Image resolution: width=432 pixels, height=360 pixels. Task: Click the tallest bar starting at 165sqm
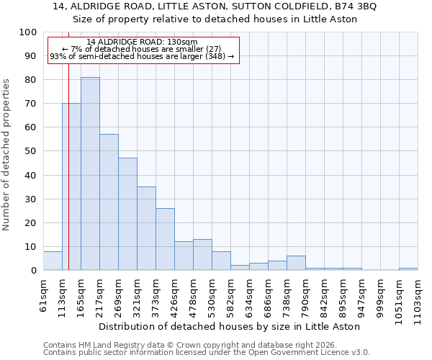(90, 174)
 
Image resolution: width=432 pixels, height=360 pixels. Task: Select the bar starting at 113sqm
(71, 186)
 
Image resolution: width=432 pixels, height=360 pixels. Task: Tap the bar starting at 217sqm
(109, 202)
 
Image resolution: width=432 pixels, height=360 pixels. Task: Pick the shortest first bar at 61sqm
(53, 261)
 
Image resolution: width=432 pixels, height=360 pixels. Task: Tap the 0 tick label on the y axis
(34, 270)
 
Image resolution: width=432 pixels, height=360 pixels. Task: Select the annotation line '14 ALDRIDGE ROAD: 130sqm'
(141, 42)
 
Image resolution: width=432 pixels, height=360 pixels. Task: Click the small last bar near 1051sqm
(408, 269)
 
